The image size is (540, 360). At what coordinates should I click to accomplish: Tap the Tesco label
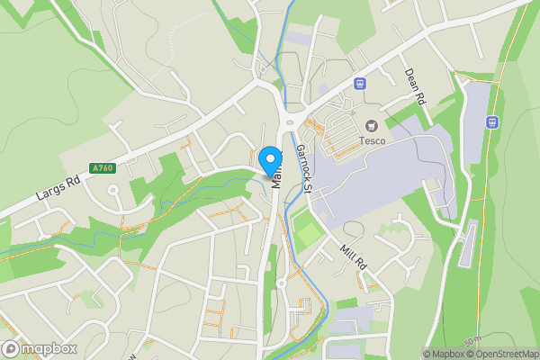pos(373,139)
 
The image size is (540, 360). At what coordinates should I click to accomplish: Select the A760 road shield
pos(102,167)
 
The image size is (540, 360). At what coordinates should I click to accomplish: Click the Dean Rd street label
pos(414,87)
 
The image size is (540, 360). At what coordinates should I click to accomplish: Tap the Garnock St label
pos(302,168)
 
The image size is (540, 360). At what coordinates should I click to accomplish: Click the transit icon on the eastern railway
pos(492,121)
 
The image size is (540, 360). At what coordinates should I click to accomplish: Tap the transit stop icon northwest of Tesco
pos(360,84)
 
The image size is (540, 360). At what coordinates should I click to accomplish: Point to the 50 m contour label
pos(472,344)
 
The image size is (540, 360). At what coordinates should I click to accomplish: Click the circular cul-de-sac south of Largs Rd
pos(113,190)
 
